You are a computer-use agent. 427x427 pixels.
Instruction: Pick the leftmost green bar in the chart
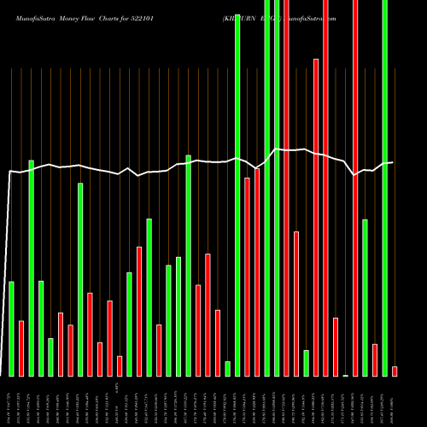tap(11, 329)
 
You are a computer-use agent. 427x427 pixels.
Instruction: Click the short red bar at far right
tap(395, 371)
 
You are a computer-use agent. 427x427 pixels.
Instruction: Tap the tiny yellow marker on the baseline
tap(345, 375)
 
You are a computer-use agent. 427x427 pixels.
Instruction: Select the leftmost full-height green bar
tap(237, 188)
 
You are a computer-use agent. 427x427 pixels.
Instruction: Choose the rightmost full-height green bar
tap(384, 188)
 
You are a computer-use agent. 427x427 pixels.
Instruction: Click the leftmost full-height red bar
tap(286, 188)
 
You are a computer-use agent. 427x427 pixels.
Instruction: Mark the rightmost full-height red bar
tap(355, 188)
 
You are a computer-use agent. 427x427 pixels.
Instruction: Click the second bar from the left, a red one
tap(21, 348)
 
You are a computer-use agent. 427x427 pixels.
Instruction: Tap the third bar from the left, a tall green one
tap(31, 268)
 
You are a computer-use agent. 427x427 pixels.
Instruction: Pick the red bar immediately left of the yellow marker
tap(336, 347)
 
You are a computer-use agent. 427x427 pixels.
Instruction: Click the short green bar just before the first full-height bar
tap(227, 368)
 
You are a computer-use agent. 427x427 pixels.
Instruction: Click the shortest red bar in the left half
tap(120, 366)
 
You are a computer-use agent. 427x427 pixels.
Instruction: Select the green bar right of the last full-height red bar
tap(365, 297)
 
